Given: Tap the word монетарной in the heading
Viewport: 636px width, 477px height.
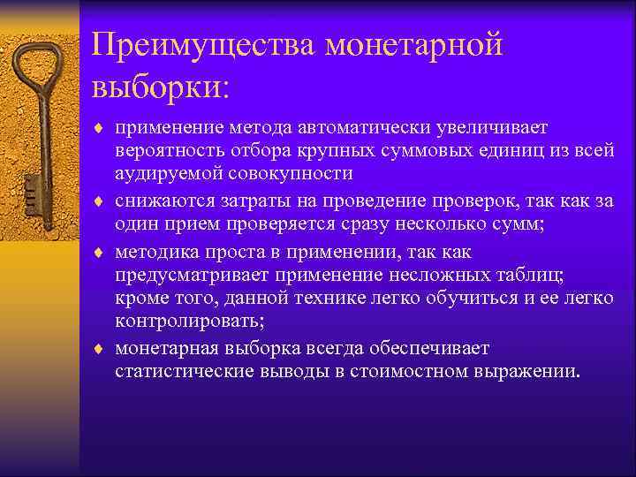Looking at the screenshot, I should [414, 44].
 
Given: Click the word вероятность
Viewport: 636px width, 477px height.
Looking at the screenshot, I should [164, 151].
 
